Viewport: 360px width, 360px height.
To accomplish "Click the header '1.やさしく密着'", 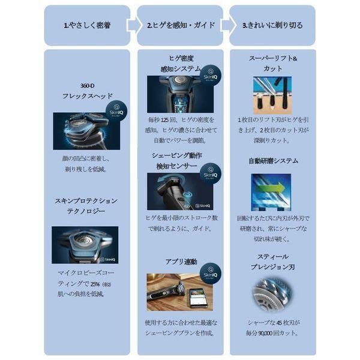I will [x=86, y=26].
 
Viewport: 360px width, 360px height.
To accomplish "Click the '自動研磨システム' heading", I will [x=273, y=161].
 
